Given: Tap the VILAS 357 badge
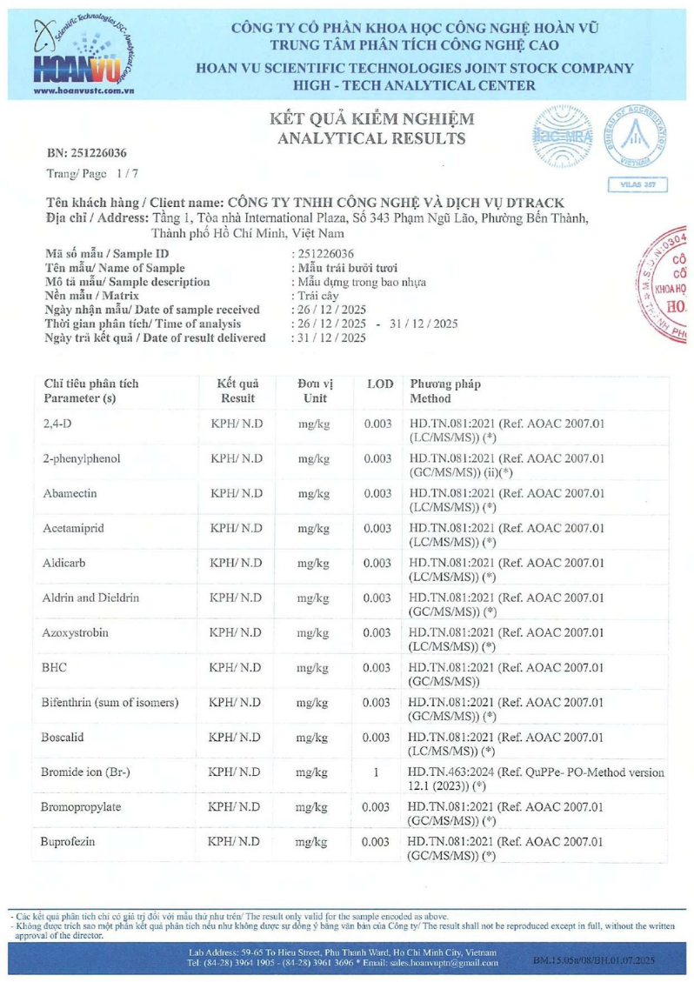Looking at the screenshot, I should click(644, 184).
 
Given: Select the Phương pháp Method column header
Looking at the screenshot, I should click(444, 391).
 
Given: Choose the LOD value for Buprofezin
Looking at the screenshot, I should click(376, 843).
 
